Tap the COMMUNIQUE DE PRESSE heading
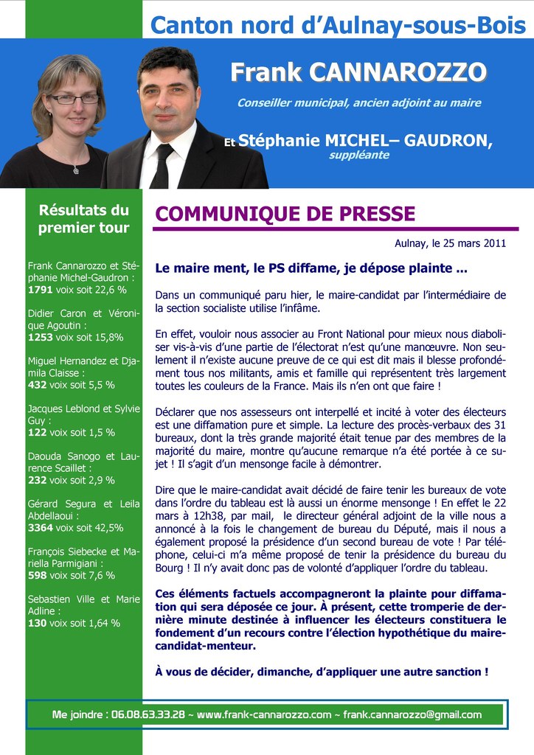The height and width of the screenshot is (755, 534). (x=285, y=214)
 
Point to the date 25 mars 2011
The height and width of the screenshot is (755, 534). (x=469, y=243)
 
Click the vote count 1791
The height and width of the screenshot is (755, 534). (x=40, y=290)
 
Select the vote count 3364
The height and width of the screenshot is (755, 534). (x=40, y=528)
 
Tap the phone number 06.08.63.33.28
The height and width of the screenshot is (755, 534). (x=148, y=714)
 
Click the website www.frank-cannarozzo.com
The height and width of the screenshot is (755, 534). (x=264, y=714)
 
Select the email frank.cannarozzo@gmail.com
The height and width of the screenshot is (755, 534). (x=412, y=714)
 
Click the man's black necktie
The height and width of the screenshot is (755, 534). (x=161, y=166)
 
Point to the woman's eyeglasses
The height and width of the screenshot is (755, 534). (x=73, y=99)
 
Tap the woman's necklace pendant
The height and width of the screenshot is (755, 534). (x=76, y=170)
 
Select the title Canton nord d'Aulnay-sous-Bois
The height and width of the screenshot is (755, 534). (x=338, y=26)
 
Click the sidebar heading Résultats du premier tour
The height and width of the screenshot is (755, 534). (x=83, y=219)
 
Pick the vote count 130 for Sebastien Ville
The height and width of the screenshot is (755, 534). (x=37, y=623)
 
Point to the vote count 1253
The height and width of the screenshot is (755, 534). (x=40, y=337)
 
